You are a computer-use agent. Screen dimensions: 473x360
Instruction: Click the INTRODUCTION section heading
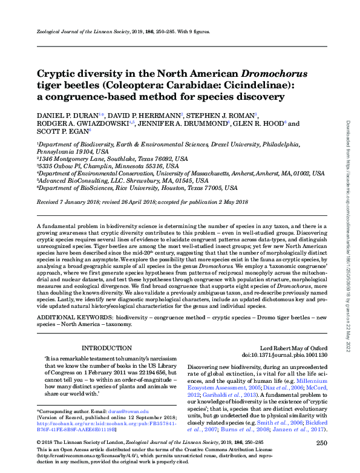106,348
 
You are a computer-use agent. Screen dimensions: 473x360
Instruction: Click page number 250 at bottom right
321,443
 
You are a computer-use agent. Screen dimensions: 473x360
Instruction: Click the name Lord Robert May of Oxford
293,349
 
